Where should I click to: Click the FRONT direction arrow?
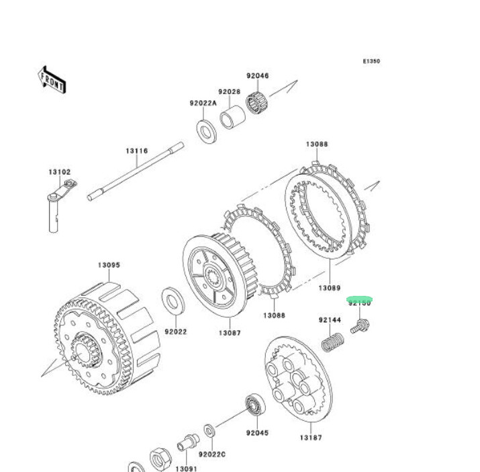pos(52,79)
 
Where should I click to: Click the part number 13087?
pos(229,333)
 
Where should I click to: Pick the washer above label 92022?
pos(175,301)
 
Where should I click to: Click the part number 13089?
pos(329,288)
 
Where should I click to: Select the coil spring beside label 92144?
pos(331,340)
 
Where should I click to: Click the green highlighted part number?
pos(359,303)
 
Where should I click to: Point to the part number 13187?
pos(311,438)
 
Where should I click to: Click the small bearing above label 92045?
pos(254,405)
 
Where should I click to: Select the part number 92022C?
pos(213,455)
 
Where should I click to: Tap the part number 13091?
pos(186,468)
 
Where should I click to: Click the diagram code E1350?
pos(371,61)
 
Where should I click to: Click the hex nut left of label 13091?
pos(161,461)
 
